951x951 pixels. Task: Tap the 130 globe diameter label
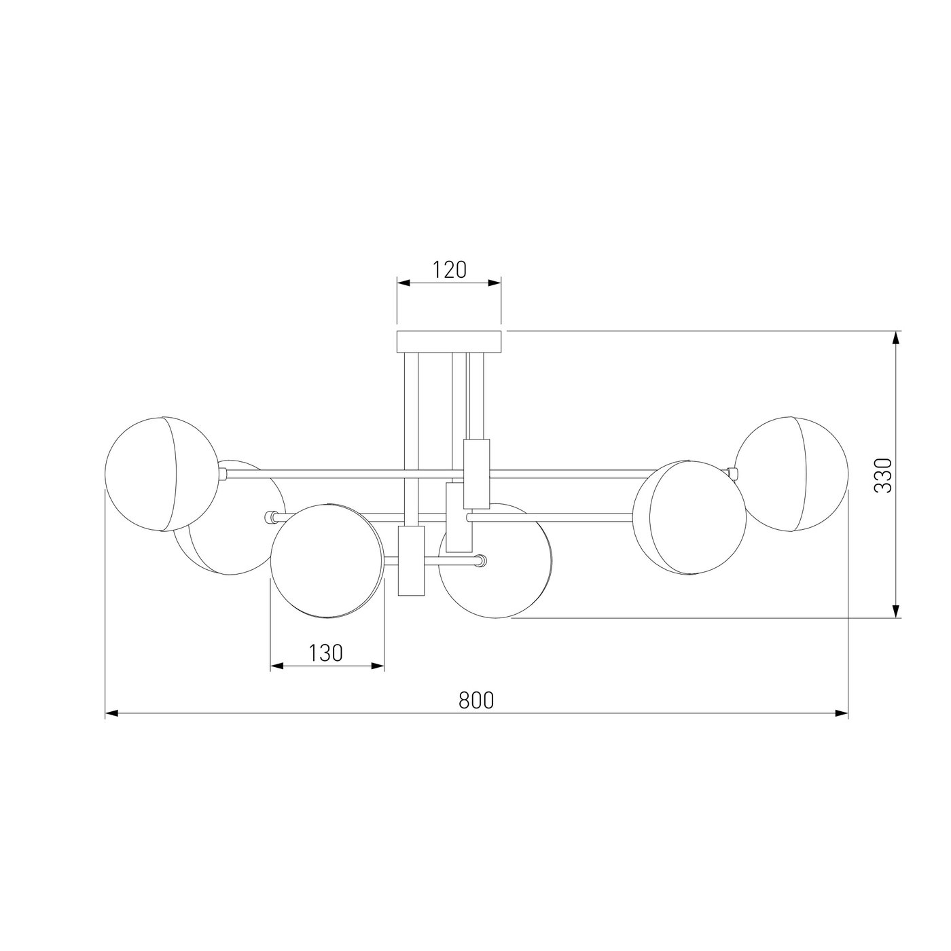[326, 653]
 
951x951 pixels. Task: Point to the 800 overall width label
[476, 700]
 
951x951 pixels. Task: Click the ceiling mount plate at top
[449, 342]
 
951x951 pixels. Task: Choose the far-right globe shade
[791, 473]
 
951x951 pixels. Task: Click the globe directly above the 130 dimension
[327, 560]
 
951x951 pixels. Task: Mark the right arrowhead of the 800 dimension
[842, 713]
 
